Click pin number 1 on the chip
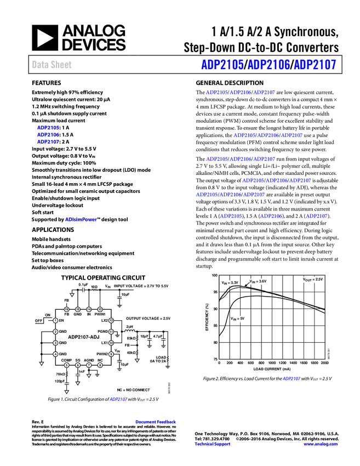[55, 320]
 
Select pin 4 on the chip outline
[55, 354]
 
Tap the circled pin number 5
[67, 365]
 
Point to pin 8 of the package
[100, 365]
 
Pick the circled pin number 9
[111, 354]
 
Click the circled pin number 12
[111, 320]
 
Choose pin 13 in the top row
[100, 310]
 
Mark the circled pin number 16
[67, 310]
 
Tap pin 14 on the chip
[89, 310]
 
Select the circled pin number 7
[89, 365]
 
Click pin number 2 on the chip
[55, 332]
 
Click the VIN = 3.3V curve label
[230, 283]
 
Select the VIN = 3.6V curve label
[258, 282]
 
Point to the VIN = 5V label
[238, 319]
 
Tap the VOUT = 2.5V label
[313, 280]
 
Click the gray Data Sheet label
[52, 65]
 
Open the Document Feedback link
[156, 422]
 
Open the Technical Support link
[213, 444]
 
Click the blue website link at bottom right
[321, 444]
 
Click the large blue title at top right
[268, 65]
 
